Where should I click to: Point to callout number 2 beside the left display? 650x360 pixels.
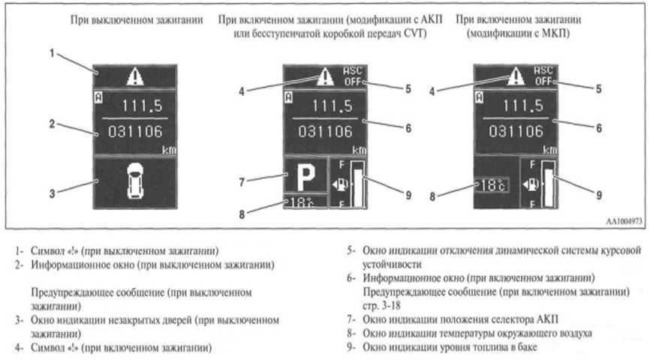pyautogui.click(x=52, y=124)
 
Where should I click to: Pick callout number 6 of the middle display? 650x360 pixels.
pyautogui.click(x=408, y=128)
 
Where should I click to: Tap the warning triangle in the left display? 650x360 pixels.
pyautogui.click(x=133, y=76)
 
